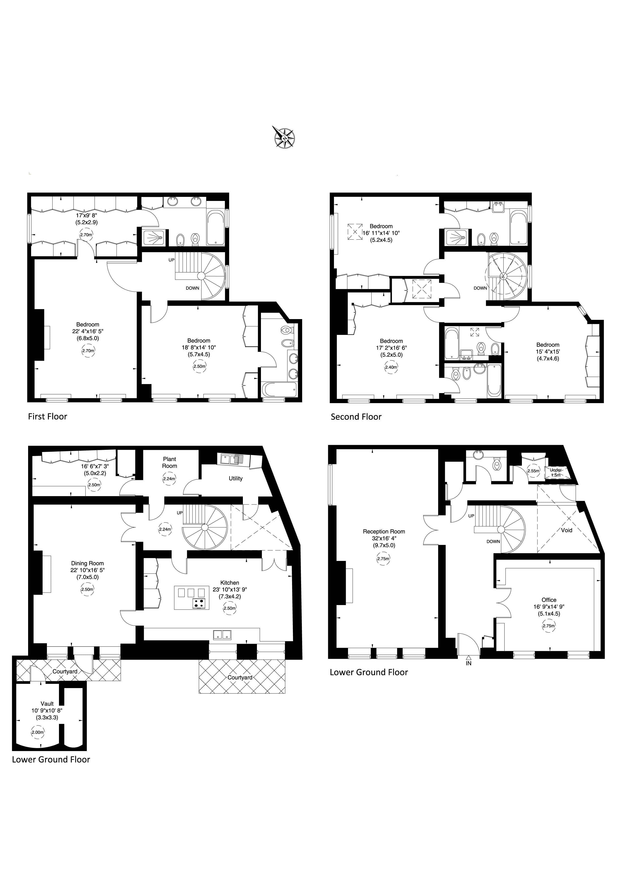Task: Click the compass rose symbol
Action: point(284,137)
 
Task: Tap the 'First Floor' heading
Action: point(47,417)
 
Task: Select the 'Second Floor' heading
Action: point(356,417)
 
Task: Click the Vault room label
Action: point(47,704)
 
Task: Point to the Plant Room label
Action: point(169,462)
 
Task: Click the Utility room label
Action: point(235,478)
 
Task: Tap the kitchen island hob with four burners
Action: point(199,603)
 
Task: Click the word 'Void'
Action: point(567,530)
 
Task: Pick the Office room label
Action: point(549,600)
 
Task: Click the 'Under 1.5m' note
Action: point(556,472)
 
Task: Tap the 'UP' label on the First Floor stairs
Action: point(171,260)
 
